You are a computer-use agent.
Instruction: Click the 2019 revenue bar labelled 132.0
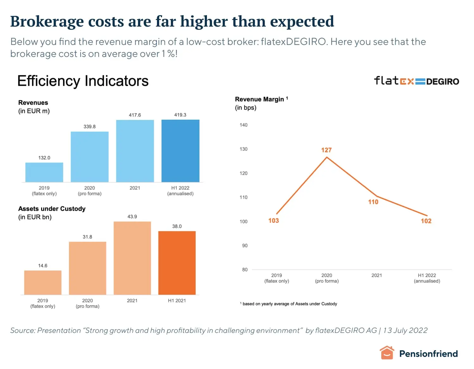pos(44,172)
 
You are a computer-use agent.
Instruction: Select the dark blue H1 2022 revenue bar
pos(180,151)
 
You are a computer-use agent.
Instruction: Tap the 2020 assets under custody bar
pos(88,268)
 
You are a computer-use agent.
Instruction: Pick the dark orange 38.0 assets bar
pos(177,263)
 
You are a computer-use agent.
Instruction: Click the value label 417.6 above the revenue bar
pos(135,115)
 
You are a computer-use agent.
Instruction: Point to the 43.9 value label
pos(132,216)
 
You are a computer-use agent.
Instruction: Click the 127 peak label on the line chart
pos(326,150)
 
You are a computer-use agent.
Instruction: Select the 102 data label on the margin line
pos(426,221)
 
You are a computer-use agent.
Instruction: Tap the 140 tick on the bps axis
pos(244,125)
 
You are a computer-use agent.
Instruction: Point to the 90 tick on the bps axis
pos(245,246)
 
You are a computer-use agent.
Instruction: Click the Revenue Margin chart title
pos(259,99)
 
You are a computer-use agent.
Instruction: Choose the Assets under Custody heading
pos(52,209)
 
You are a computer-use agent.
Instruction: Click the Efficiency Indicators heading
pos(83,81)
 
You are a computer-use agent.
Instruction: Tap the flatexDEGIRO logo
pos(416,81)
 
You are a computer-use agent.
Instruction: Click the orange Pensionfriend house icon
pos(387,353)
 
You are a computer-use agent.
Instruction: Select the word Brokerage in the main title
pos(47,22)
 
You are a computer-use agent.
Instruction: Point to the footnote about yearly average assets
pos(289,304)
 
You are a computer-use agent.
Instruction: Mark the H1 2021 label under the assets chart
pos(177,301)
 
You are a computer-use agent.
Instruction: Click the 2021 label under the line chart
pos(377,275)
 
